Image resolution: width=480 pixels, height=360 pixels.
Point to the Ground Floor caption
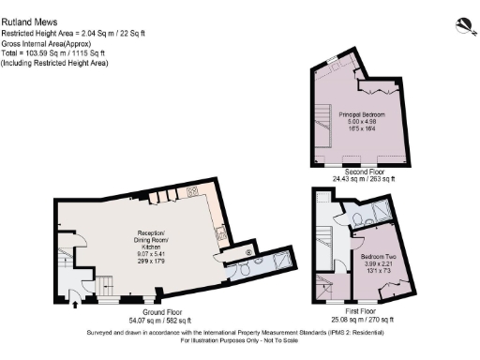pyautogui.click(x=150, y=311)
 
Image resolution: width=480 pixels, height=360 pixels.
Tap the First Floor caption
pyautogui.click(x=360, y=310)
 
